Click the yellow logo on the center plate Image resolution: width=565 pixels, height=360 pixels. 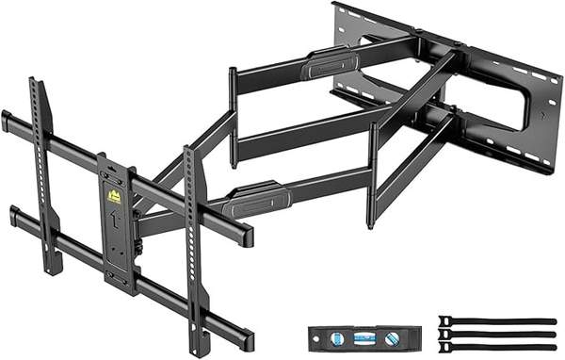[114, 197]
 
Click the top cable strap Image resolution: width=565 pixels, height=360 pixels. [496, 321]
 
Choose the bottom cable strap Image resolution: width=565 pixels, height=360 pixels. [496, 347]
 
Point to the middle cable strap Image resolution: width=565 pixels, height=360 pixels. [496, 334]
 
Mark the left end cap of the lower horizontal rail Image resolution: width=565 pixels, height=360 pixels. [14, 218]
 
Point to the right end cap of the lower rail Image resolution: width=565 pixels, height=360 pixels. [248, 339]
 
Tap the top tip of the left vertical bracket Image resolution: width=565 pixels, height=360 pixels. [35, 83]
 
